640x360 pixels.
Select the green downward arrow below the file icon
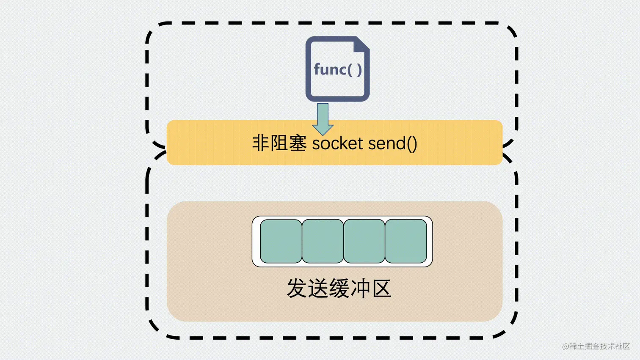tap(323, 119)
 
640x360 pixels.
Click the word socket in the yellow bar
tap(337, 143)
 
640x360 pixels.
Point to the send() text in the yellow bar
tap(393, 143)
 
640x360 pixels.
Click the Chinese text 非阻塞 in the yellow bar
tap(279, 143)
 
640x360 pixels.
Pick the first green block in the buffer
tap(281, 241)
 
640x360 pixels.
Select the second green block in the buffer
tap(323, 241)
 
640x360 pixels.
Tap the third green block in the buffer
tap(364, 241)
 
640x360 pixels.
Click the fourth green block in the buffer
tap(406, 241)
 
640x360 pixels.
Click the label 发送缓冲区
tap(339, 289)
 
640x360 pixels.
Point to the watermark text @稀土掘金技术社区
tap(596, 346)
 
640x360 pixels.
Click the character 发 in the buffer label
tap(297, 289)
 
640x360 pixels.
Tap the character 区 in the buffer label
tap(381, 289)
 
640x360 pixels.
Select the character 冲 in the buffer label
tap(360, 289)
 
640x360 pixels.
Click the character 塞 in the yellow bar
tap(298, 143)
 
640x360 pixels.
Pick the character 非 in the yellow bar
tap(261, 143)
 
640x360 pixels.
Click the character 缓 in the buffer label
tap(339, 289)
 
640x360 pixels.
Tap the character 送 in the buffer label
tap(318, 289)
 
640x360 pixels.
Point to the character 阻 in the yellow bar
tap(279, 143)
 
